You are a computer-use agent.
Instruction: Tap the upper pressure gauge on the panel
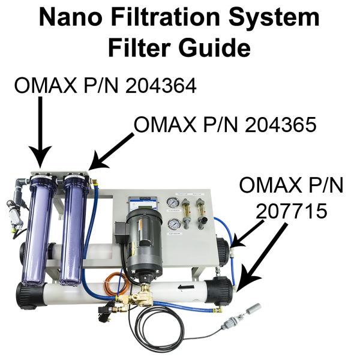(173, 203)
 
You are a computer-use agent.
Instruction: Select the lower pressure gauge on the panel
(173, 225)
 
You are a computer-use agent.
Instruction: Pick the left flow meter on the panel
(188, 207)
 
